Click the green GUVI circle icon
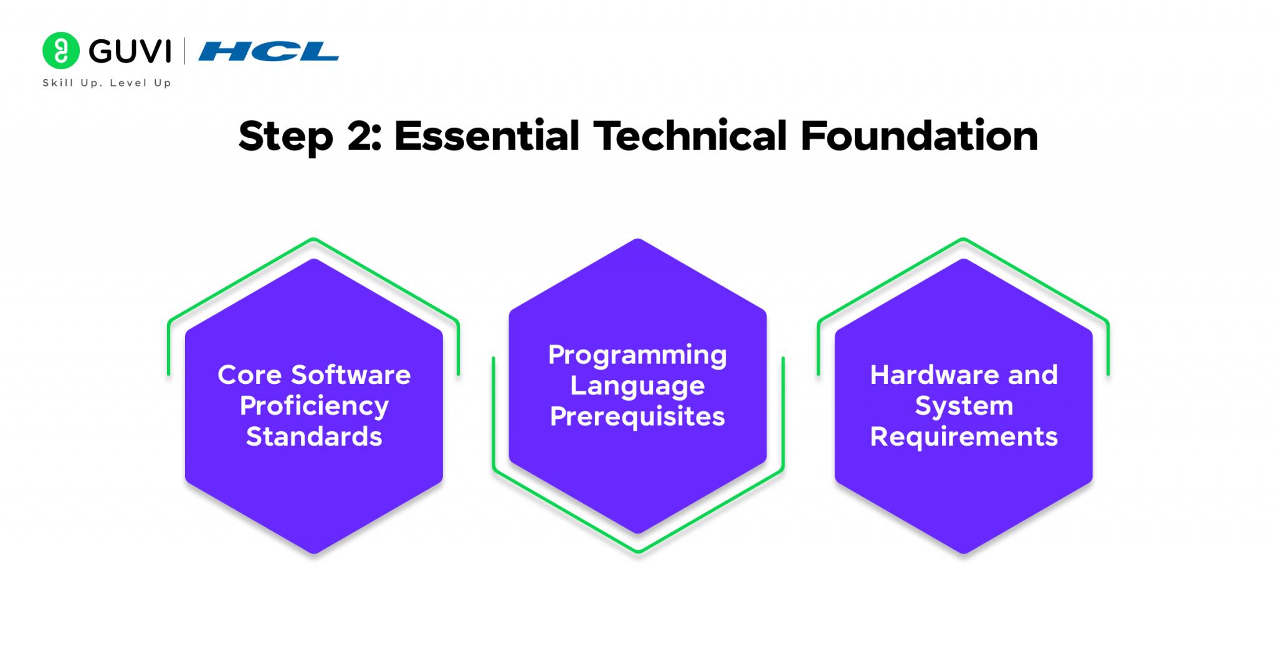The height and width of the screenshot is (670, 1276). [61, 50]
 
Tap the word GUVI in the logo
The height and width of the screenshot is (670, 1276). [130, 51]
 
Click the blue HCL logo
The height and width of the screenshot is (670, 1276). [269, 51]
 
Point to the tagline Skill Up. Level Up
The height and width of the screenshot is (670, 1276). [107, 83]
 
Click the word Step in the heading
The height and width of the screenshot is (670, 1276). [286, 136]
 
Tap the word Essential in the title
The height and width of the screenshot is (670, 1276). [487, 135]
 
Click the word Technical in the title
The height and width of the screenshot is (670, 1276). [690, 135]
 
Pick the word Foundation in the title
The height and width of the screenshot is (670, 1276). [920, 135]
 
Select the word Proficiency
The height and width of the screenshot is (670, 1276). [314, 407]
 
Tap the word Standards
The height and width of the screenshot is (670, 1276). [314, 436]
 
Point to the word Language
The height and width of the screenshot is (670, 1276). [637, 386]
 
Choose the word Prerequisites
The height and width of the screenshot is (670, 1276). [637, 416]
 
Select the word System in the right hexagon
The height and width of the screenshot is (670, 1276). [964, 407]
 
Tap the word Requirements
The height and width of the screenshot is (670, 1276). [964, 437]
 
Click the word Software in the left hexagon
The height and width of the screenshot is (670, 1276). [351, 375]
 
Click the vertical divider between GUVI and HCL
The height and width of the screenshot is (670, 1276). [184, 51]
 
